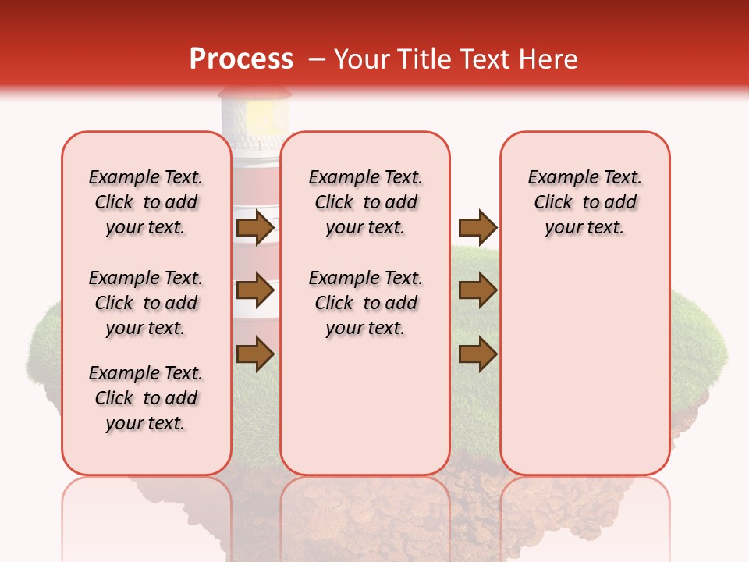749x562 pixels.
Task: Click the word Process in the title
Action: pyautogui.click(x=241, y=59)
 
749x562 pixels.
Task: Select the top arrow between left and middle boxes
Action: pyautogui.click(x=254, y=227)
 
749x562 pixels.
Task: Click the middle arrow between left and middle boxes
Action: pyautogui.click(x=254, y=290)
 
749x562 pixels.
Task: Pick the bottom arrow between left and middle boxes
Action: pyautogui.click(x=254, y=354)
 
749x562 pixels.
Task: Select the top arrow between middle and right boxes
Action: pyautogui.click(x=477, y=227)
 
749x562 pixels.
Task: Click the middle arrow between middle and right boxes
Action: pyautogui.click(x=477, y=290)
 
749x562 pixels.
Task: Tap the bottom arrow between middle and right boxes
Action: pyautogui.click(x=477, y=354)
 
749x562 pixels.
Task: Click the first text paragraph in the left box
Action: pyautogui.click(x=146, y=202)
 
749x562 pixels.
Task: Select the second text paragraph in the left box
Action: pyautogui.click(x=146, y=303)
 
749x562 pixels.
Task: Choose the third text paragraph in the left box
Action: pyautogui.click(x=146, y=398)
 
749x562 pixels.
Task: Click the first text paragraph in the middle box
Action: pyautogui.click(x=365, y=202)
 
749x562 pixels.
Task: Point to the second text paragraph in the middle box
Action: pyautogui.click(x=365, y=303)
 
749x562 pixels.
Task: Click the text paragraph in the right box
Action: pyautogui.click(x=585, y=202)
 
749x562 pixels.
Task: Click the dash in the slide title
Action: pyautogui.click(x=318, y=59)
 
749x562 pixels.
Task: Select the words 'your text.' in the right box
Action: pyautogui.click(x=585, y=228)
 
